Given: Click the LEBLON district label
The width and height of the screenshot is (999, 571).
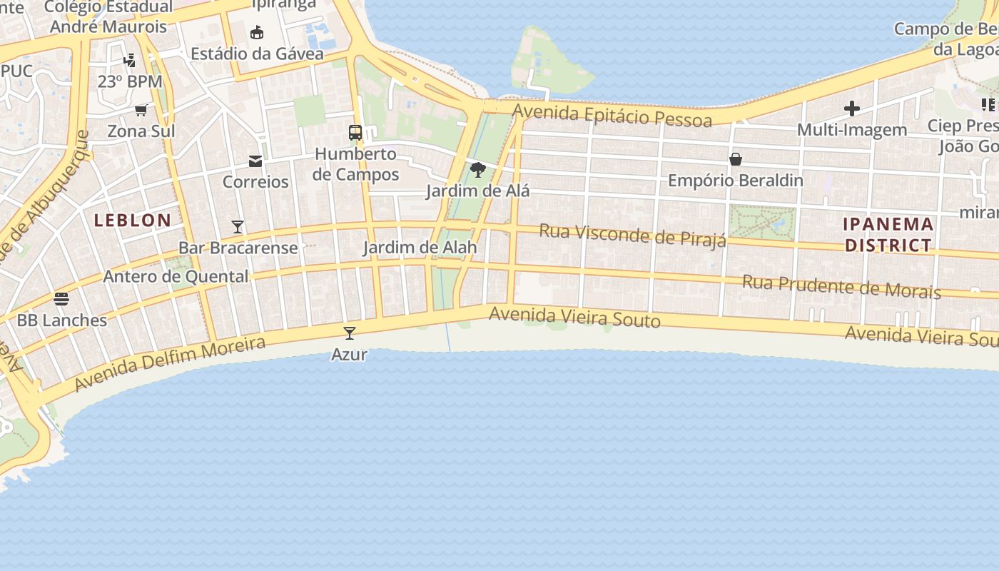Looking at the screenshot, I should [x=133, y=220].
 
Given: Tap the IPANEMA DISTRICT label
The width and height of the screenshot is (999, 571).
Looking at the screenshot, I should [x=888, y=235].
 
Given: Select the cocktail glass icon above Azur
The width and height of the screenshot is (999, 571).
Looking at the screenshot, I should [x=350, y=333].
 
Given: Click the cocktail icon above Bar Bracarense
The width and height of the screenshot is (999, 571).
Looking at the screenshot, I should [x=238, y=227].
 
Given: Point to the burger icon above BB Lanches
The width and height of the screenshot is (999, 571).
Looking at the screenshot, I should [x=61, y=298].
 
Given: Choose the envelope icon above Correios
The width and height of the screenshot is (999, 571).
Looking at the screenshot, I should [x=255, y=161].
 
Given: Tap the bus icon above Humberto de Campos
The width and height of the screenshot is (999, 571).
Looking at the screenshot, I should [x=355, y=132].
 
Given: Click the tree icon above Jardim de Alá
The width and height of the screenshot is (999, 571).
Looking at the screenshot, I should [x=478, y=170].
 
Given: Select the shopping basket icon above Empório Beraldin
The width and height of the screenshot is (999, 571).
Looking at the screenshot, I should [x=736, y=159].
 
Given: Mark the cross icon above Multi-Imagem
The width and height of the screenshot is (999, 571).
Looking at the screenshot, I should [x=852, y=108].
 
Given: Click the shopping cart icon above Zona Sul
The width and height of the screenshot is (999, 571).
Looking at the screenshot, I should [x=141, y=110].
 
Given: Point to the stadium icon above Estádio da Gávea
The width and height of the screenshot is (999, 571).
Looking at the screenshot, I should [x=257, y=32].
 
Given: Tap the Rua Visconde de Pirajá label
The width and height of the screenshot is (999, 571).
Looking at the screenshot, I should [x=632, y=235].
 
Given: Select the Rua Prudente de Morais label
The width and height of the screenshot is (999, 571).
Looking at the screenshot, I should [x=841, y=286].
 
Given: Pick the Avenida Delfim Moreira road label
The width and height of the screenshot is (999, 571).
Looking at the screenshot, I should [x=170, y=363].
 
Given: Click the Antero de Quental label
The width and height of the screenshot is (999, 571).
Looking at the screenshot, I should [x=176, y=276].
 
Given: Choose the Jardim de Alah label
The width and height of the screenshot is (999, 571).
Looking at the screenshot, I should [x=420, y=248].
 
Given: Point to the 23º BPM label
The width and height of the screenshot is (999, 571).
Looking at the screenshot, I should [x=130, y=81].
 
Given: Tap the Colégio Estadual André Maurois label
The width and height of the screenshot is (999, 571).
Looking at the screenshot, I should [x=108, y=17].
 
